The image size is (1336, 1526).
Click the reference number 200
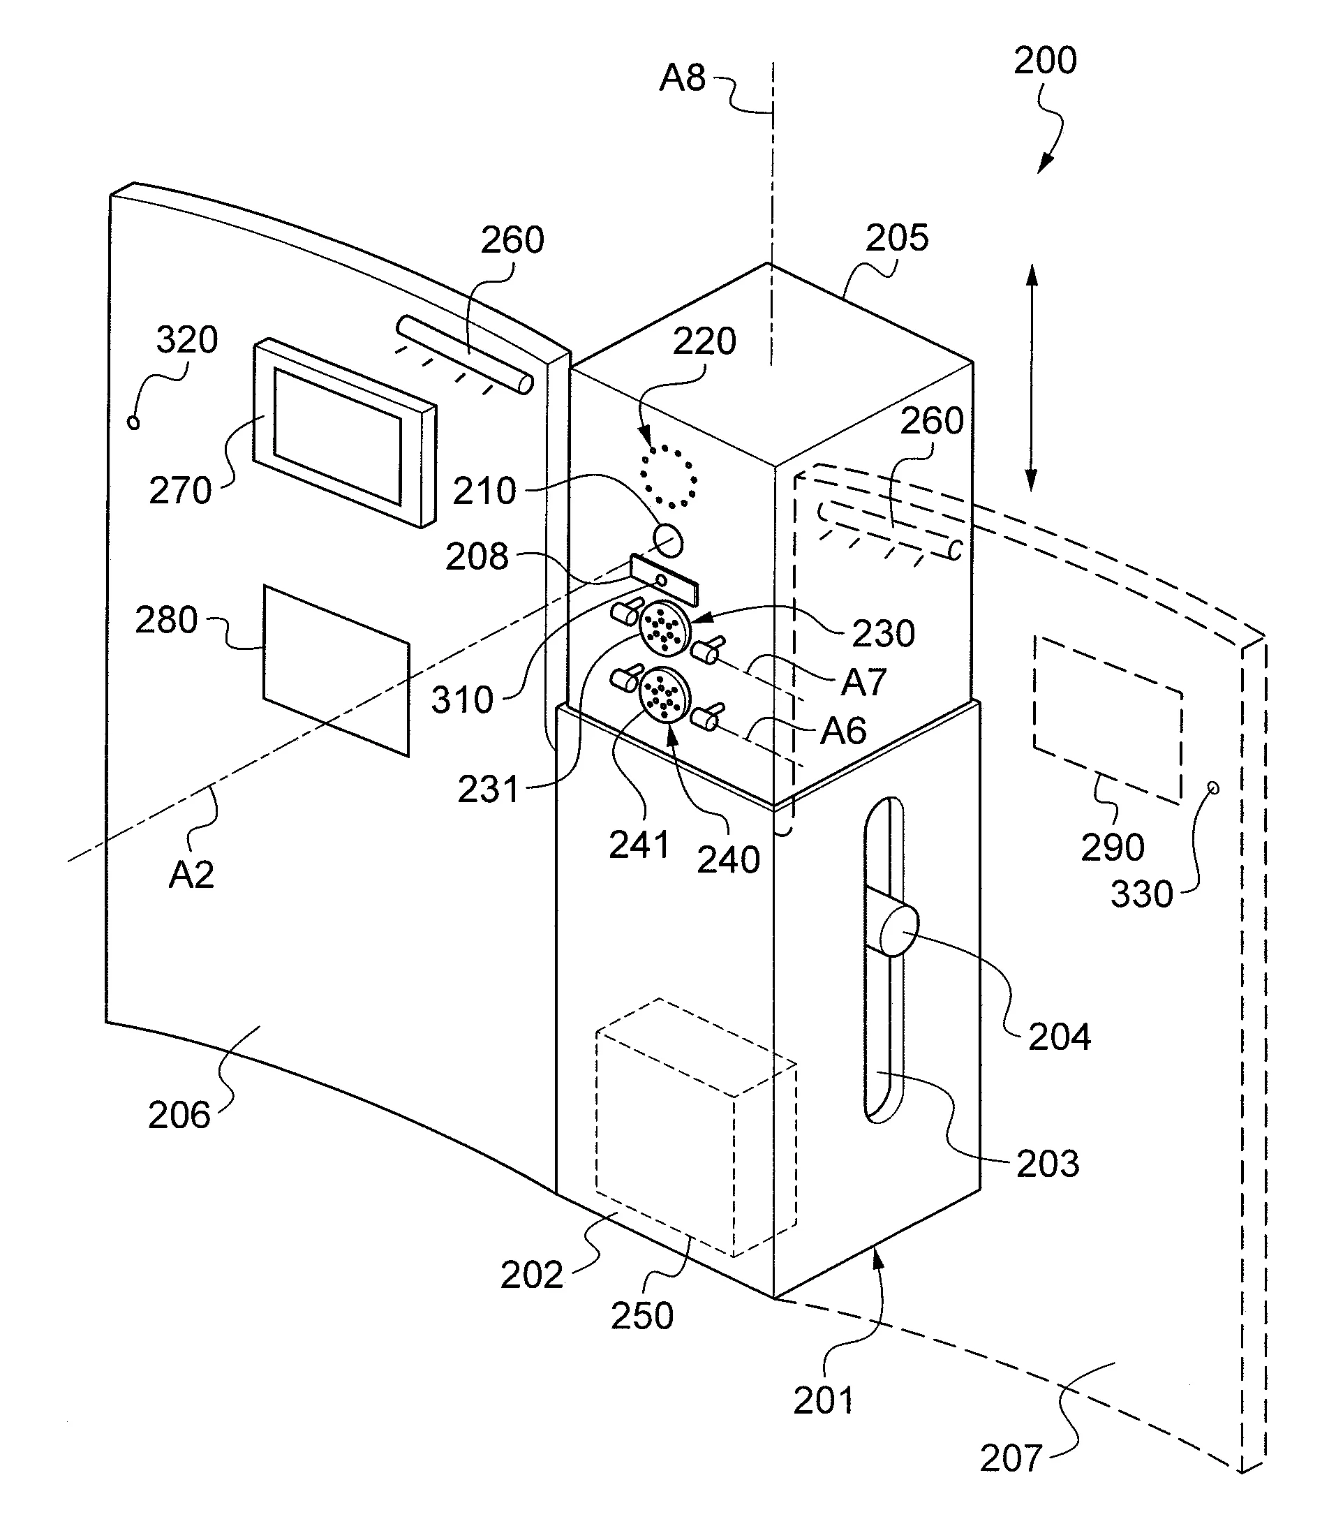pos(1044,61)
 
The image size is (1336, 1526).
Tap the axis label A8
pos(682,77)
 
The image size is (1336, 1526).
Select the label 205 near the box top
pos(897,238)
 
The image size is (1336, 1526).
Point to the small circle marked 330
pos(1213,788)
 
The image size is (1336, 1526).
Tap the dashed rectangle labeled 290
pos(1108,720)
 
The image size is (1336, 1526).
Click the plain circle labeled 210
pos(667,540)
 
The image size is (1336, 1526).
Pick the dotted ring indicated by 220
pos(669,476)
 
